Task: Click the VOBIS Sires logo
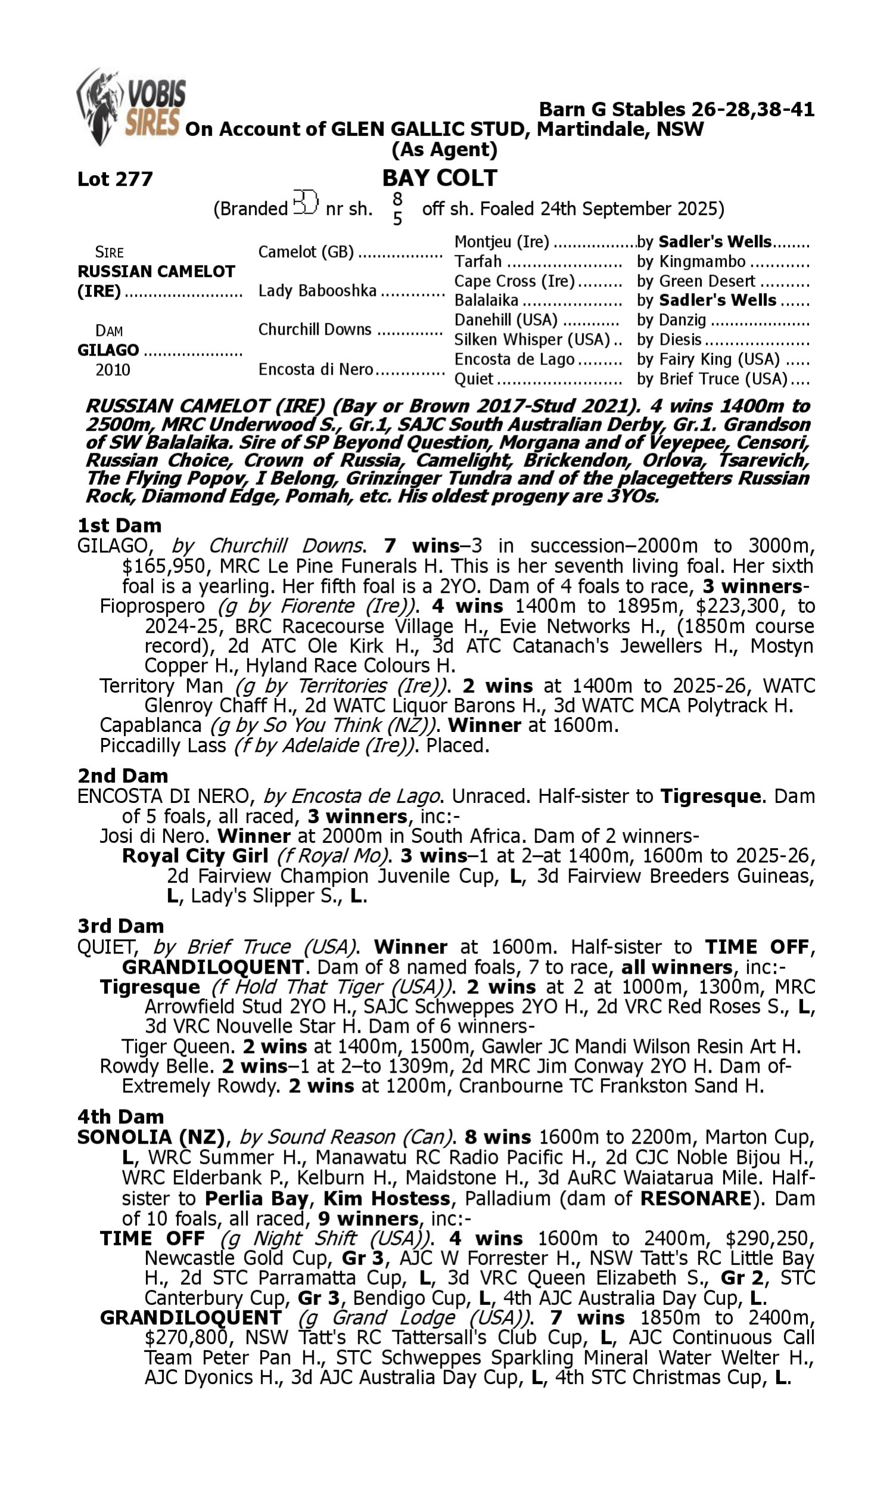coord(131,107)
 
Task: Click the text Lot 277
coord(115,179)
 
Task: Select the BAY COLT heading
coord(439,178)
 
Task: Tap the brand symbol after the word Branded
coord(305,203)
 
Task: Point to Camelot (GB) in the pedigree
coord(305,252)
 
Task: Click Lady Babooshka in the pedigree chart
coord(317,291)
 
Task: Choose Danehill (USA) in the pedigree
coord(505,320)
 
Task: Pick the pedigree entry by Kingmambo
coord(691,262)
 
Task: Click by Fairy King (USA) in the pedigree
coord(708,359)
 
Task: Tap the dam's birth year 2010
coord(113,369)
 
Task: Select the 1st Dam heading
coord(119,525)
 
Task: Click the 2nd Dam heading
coord(122,776)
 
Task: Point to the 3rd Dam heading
coord(120,926)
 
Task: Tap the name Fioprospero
coord(152,606)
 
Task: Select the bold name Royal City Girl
coord(194,856)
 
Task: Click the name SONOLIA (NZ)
coord(151,1137)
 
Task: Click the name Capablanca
coord(151,725)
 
